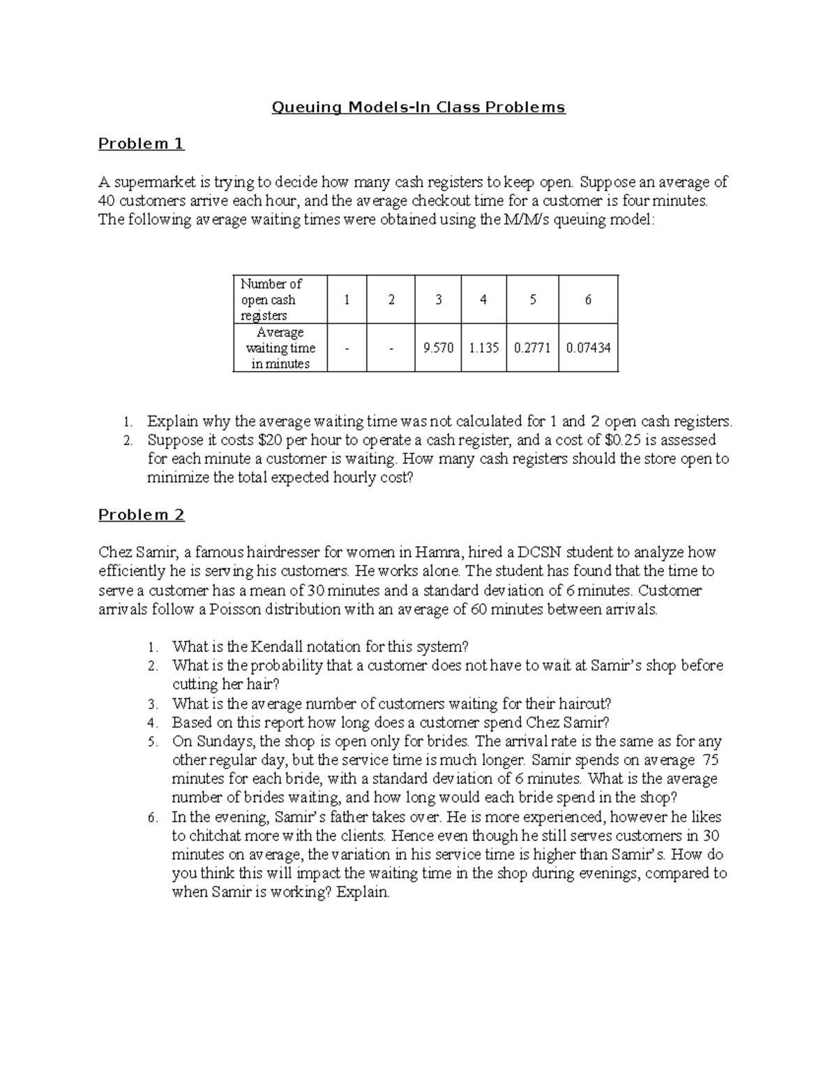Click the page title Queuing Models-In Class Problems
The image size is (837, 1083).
(x=418, y=107)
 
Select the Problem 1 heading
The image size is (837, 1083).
(x=141, y=144)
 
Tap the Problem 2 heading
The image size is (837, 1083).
(x=141, y=515)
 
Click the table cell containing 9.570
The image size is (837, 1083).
(x=438, y=347)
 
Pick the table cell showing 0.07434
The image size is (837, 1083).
(x=588, y=347)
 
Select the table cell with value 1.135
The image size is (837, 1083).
(x=483, y=347)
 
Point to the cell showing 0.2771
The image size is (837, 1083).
(x=532, y=347)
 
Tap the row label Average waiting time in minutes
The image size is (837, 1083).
(x=280, y=347)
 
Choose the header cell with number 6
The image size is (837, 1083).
(x=588, y=299)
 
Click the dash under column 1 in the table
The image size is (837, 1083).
(x=345, y=347)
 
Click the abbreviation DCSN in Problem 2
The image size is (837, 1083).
(x=544, y=552)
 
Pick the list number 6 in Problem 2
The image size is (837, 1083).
(x=153, y=817)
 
